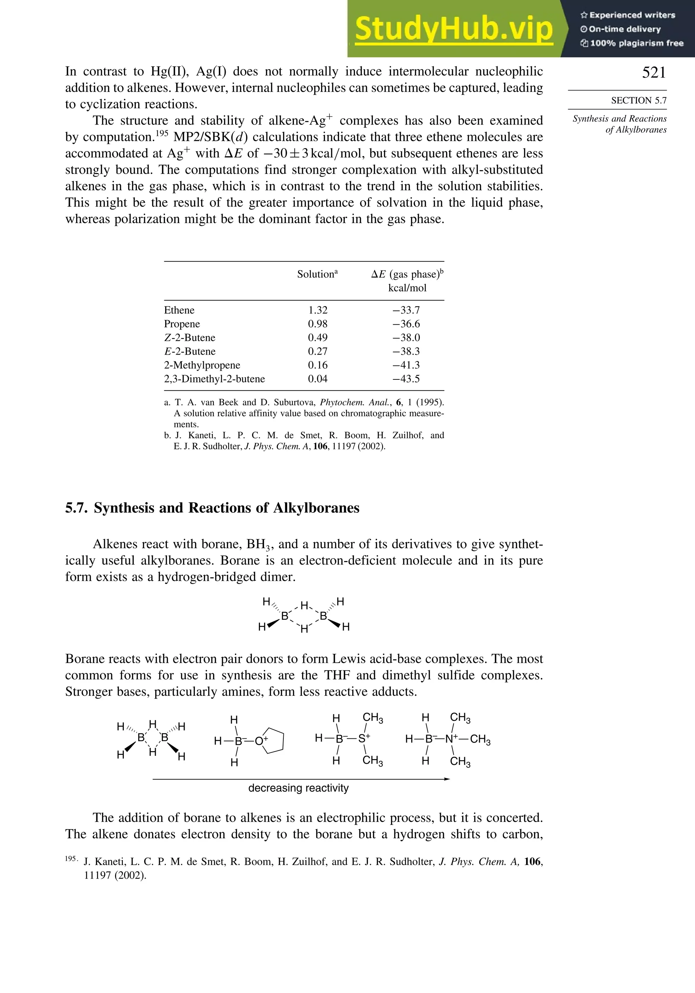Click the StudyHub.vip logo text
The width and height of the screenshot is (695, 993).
pyautogui.click(x=453, y=29)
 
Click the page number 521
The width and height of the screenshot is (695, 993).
pyautogui.click(x=654, y=72)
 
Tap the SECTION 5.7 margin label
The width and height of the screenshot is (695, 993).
pyautogui.click(x=638, y=100)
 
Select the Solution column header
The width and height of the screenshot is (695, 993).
pyautogui.click(x=317, y=274)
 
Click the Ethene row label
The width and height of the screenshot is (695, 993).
pyautogui.click(x=179, y=310)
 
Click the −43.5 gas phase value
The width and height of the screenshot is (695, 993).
pyautogui.click(x=406, y=379)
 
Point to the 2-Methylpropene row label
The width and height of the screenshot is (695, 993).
pyautogui.click(x=202, y=365)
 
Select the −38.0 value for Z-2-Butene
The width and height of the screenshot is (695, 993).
pyautogui.click(x=406, y=338)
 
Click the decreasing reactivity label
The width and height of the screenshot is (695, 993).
pyautogui.click(x=298, y=788)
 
